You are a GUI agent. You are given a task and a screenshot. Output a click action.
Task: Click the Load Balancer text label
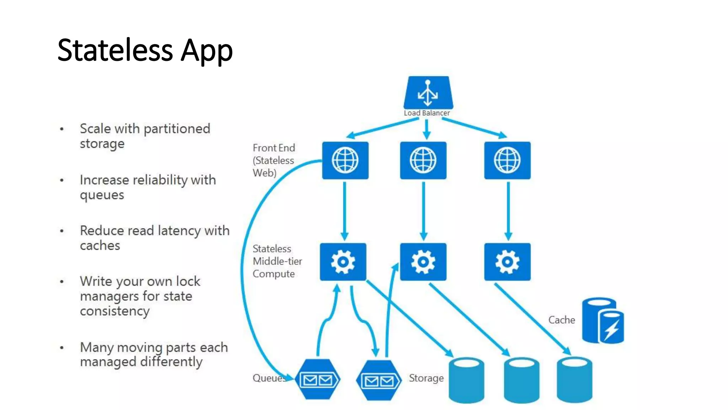pos(427,113)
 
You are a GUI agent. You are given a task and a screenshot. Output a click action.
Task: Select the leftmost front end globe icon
pos(345,160)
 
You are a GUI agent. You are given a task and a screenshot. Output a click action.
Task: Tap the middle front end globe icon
pos(423,160)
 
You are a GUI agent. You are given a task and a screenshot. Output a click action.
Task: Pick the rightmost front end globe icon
pos(507,160)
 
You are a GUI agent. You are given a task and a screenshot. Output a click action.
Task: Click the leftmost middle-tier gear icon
pos(343,262)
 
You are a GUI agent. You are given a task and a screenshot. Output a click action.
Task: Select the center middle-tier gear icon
pos(423,262)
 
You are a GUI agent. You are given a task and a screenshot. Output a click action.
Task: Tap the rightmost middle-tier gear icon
pos(507,262)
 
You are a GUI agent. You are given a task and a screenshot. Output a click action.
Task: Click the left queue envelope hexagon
pos(317,380)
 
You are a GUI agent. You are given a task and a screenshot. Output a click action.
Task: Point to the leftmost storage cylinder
pos(466,380)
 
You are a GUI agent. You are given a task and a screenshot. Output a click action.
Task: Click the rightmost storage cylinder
pos(574,380)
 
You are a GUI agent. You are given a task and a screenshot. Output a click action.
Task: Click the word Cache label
pos(561,320)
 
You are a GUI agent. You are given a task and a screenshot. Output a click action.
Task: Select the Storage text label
pos(426,378)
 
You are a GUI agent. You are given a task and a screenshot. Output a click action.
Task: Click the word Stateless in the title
pos(115,50)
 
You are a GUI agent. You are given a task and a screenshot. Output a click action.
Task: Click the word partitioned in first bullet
pos(177,129)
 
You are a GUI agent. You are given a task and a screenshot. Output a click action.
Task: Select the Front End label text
pos(274,148)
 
